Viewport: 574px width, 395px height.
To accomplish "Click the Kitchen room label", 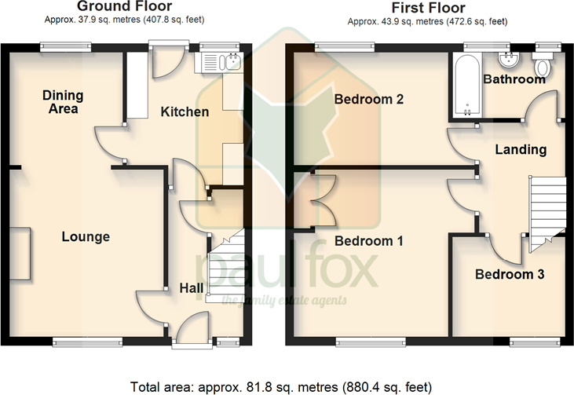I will click(185, 112).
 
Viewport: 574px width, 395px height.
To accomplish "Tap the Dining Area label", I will click(64, 102).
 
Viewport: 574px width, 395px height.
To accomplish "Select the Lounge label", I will click(86, 236).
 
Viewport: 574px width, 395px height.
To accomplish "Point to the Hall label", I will click(192, 289).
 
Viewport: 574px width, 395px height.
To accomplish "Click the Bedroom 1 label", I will click(369, 241).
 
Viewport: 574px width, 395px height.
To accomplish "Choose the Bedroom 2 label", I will click(368, 100).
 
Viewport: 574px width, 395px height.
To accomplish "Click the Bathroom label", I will click(514, 79).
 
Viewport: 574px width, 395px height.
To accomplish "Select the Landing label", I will click(521, 149).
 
